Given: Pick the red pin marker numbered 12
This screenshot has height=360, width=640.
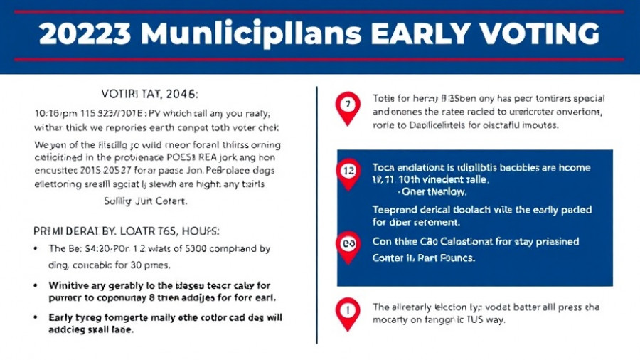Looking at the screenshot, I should click(348, 173).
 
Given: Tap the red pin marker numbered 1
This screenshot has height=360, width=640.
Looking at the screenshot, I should click(348, 313).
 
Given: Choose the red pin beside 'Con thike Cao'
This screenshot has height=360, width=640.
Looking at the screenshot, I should click(348, 245).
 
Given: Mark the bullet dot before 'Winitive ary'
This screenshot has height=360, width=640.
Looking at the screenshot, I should click(36, 285).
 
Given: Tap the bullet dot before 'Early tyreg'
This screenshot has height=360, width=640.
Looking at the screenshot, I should click(36, 318).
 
